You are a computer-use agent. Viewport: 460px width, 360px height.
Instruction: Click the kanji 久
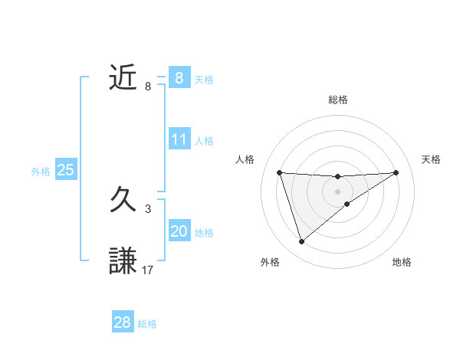[x=123, y=201]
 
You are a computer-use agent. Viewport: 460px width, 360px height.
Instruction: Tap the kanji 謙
[x=123, y=261]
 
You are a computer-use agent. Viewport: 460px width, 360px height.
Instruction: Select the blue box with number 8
[x=179, y=77]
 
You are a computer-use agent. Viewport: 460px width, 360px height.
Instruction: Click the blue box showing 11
[x=179, y=139]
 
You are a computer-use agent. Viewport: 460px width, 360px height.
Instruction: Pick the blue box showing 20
[x=179, y=231]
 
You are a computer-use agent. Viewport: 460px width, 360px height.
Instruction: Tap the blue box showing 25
[x=65, y=170]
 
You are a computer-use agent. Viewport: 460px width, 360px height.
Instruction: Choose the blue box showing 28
[x=123, y=322]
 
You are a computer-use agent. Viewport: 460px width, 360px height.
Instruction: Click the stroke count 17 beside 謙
[x=148, y=270]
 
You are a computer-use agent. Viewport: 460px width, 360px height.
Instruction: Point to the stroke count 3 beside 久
[x=148, y=208]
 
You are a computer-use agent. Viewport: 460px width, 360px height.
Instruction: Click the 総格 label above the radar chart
[x=337, y=100]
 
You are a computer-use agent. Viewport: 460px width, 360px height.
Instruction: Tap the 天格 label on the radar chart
[x=431, y=159]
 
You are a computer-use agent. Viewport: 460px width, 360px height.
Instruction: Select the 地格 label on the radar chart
[x=402, y=262]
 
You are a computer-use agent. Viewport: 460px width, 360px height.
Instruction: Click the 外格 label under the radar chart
[x=270, y=262]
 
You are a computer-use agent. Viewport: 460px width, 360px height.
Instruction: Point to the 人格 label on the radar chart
[x=245, y=159]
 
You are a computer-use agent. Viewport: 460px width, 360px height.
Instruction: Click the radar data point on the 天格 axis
[x=396, y=172]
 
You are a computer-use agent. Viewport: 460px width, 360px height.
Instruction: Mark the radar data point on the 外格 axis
[x=301, y=242]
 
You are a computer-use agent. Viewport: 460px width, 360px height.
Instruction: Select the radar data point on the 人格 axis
[x=279, y=172]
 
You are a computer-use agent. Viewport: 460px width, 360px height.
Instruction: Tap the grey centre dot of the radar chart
[x=337, y=191]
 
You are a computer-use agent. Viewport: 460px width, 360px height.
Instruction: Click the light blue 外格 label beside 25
[x=41, y=172]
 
